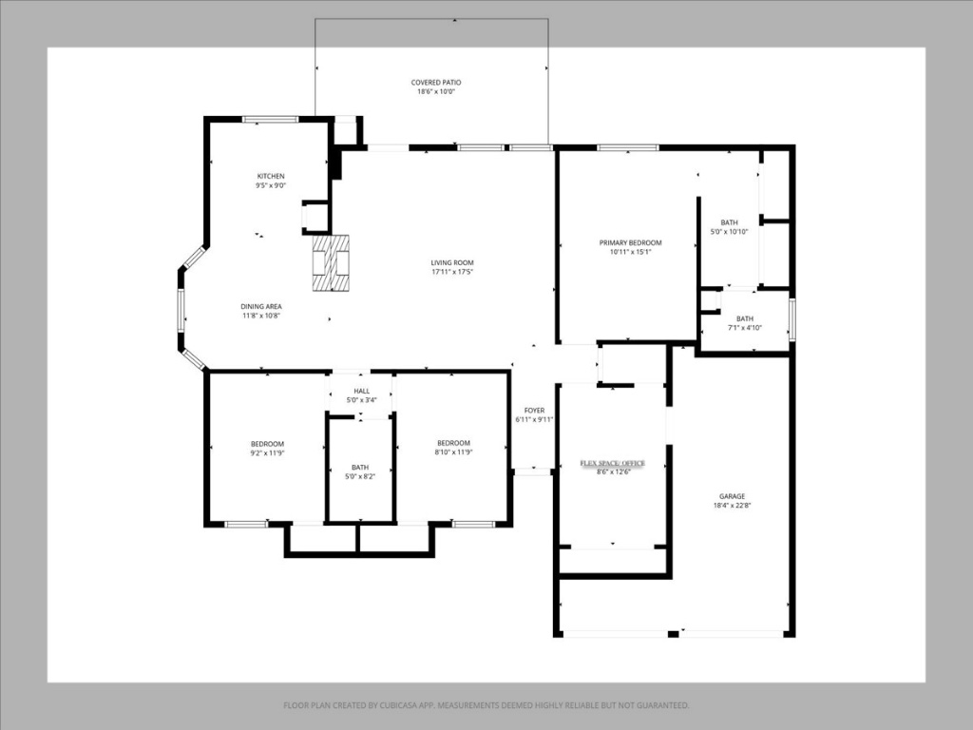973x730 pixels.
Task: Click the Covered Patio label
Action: tap(436, 83)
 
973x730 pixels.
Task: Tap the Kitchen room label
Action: tap(270, 176)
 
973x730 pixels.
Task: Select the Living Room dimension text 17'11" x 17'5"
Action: tap(452, 272)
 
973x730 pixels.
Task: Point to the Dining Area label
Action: tap(260, 306)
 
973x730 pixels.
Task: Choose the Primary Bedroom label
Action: tap(630, 242)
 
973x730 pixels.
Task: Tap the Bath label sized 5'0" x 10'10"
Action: tap(729, 222)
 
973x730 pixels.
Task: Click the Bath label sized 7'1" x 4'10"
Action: tap(744, 318)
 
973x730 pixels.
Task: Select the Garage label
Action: tap(732, 496)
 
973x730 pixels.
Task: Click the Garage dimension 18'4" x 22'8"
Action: tap(732, 506)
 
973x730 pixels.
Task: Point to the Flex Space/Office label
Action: tap(613, 463)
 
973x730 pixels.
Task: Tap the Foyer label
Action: tap(534, 410)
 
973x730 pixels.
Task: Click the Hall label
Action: tap(362, 391)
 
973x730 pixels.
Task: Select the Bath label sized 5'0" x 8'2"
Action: tap(360, 467)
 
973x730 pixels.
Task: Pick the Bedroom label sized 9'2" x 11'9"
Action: tap(267, 443)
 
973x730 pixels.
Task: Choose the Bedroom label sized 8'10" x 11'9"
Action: tap(453, 443)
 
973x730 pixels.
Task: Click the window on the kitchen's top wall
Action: tap(270, 119)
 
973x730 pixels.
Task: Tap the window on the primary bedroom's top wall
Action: tap(627, 147)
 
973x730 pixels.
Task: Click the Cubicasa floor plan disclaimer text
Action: tap(486, 705)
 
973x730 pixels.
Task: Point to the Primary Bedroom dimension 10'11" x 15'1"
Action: tap(630, 252)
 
